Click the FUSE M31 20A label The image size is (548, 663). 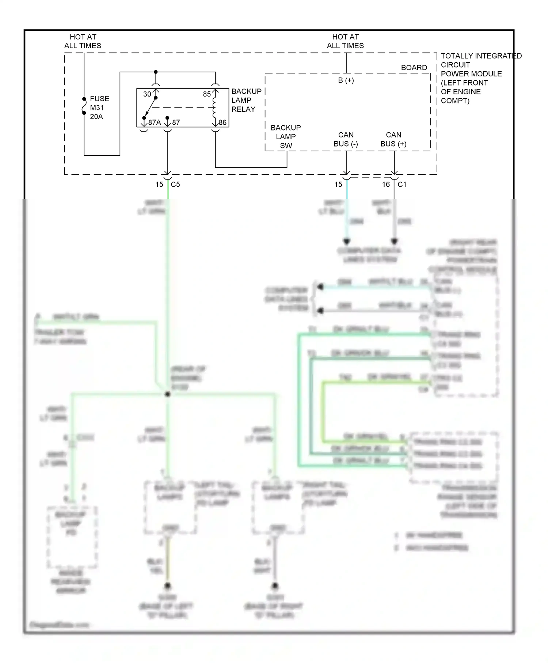point(99,108)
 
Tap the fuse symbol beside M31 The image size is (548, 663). point(84,106)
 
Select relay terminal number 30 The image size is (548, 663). point(147,94)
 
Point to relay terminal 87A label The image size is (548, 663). point(154,122)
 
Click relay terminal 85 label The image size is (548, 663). point(207,94)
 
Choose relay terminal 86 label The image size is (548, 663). point(222,122)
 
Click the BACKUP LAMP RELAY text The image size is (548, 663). point(246,100)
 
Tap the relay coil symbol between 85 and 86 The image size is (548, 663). point(214,108)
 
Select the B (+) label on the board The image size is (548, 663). point(346,80)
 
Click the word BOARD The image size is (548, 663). point(414,68)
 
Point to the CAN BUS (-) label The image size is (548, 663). point(346,140)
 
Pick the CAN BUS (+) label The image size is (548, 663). point(393,140)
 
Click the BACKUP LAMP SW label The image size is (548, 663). point(286,137)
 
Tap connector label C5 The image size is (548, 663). point(175,185)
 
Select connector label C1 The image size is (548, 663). point(402,185)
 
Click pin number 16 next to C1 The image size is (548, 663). point(386,185)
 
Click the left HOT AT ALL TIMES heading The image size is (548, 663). point(83,41)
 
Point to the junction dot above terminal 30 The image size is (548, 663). point(156,72)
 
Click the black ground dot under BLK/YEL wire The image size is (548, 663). point(167,586)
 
